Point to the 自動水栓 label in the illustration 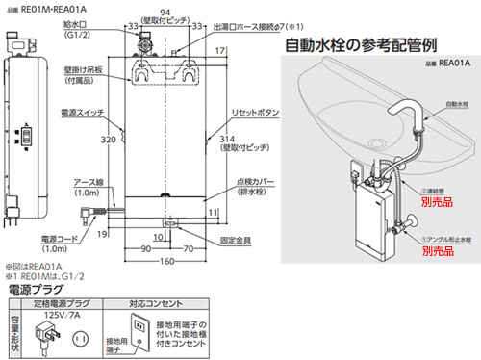[457, 101]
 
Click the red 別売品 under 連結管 [440, 204]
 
